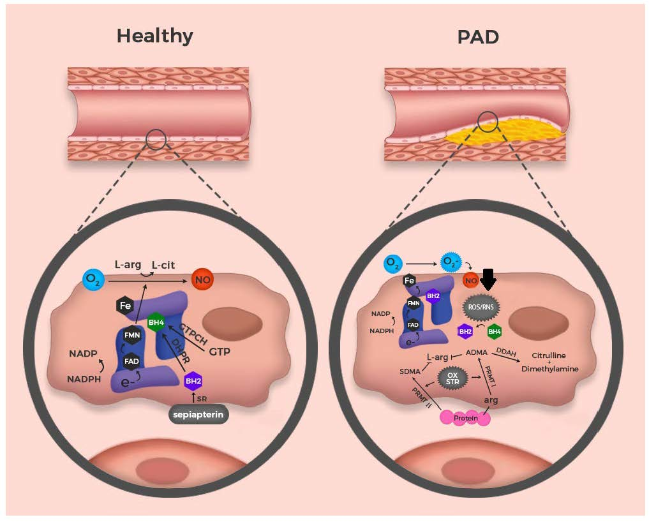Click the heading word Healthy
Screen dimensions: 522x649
[x=154, y=36]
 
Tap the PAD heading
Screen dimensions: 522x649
[x=477, y=36]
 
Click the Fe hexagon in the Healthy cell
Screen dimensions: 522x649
[x=126, y=306]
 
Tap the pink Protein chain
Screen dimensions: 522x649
[x=465, y=418]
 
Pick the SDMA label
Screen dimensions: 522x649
[x=410, y=371]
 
